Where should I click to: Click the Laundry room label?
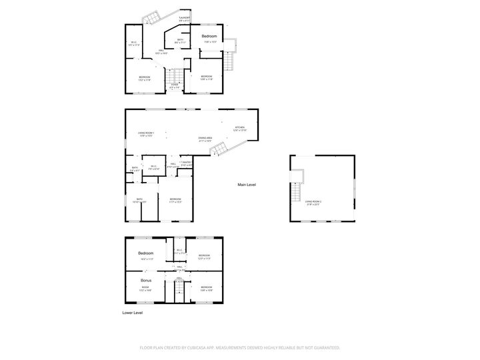point(185,17)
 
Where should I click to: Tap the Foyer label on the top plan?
point(175,85)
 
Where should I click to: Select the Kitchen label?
point(239,127)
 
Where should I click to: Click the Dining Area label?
point(205,138)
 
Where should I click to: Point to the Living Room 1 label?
point(146,133)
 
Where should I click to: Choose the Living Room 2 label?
point(313,201)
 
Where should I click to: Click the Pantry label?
point(187,162)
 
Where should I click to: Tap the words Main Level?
point(247,185)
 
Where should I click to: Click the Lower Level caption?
point(133,312)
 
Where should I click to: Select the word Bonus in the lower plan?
point(146,281)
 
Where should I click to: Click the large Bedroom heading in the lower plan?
point(146,253)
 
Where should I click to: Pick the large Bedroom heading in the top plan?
point(209,35)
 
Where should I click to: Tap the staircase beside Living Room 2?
point(293,194)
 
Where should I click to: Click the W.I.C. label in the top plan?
point(133,43)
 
